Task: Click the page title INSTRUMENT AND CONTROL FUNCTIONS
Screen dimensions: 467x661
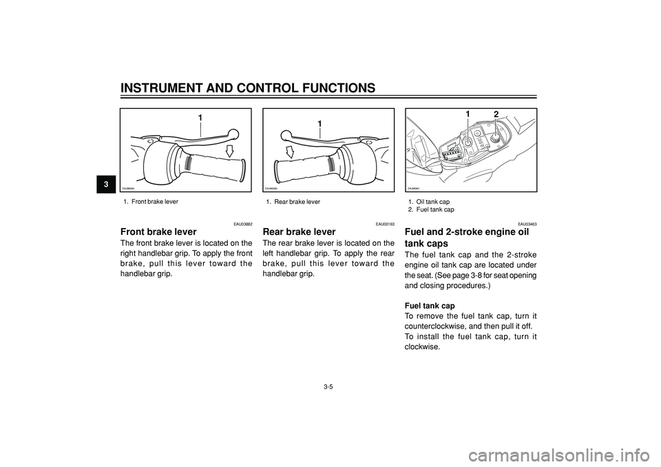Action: [248, 87]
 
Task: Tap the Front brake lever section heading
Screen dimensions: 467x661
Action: [158, 232]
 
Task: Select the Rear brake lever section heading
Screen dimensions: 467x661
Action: [300, 232]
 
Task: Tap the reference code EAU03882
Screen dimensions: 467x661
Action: [242, 224]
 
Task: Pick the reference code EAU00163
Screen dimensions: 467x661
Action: [385, 224]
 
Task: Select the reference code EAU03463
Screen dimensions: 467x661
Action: [527, 224]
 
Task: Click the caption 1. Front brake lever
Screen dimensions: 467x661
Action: [151, 202]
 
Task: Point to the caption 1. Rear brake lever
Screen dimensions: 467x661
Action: [293, 202]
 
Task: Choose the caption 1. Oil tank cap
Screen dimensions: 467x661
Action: [428, 202]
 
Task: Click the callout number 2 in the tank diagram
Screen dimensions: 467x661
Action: [494, 114]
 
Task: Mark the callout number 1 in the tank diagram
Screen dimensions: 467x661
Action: [468, 114]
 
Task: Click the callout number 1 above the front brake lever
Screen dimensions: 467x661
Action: [200, 118]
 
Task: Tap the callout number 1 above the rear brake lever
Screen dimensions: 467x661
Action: [319, 124]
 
